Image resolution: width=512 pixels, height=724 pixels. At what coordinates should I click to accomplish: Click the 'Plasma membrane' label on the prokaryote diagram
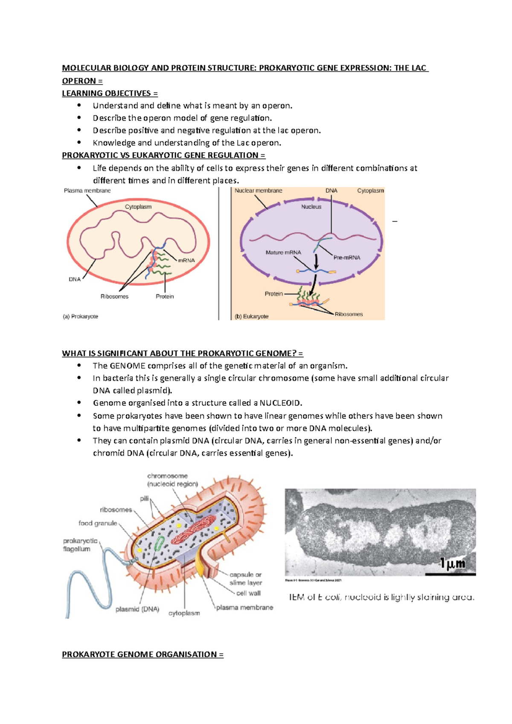(87, 191)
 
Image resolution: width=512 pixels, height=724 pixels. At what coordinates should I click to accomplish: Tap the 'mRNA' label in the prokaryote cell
(186, 260)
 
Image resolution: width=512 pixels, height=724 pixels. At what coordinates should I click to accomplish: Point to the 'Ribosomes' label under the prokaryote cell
(114, 296)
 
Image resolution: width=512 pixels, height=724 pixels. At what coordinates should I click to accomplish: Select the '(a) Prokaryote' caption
(80, 316)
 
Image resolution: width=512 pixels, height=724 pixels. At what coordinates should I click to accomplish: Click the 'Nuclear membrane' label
(258, 191)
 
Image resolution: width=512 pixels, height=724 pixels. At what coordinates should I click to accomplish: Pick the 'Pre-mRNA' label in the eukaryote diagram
(347, 258)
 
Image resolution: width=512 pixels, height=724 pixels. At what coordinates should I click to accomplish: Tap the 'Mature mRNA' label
(283, 252)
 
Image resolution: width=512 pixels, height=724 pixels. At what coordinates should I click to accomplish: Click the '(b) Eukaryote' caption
(252, 316)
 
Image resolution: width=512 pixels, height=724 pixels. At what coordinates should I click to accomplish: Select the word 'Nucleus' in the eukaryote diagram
(311, 207)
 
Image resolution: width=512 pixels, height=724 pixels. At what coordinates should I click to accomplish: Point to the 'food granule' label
(98, 523)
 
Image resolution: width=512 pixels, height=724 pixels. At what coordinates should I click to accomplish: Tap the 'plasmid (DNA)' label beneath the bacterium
(137, 609)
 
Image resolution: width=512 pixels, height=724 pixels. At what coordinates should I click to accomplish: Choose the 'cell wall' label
(248, 593)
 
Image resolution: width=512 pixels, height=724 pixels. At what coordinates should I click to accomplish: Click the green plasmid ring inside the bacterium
(159, 544)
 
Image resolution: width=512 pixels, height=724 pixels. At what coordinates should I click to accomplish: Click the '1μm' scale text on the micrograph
(453, 564)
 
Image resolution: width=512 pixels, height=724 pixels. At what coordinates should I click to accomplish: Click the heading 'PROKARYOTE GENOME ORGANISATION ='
(143, 654)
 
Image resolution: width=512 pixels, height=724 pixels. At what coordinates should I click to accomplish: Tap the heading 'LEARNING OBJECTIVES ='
(110, 93)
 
